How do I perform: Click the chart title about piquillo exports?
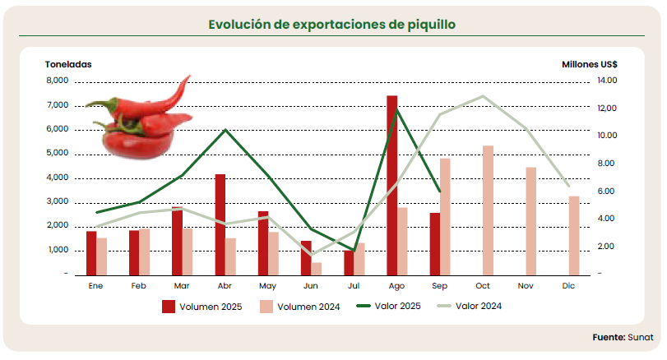(x=331, y=25)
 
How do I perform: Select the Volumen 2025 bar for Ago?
(x=392, y=185)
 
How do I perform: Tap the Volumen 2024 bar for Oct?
(x=488, y=210)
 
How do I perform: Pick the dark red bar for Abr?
(x=220, y=224)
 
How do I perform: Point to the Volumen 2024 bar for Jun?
(x=317, y=268)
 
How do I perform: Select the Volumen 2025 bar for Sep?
(x=435, y=243)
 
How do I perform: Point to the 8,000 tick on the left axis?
(x=57, y=81)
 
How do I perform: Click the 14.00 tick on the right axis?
(x=607, y=81)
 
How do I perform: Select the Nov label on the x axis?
(x=525, y=285)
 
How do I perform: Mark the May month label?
(x=267, y=285)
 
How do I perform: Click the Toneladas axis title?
(x=68, y=64)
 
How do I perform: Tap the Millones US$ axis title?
(x=590, y=64)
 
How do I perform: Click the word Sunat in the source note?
(x=641, y=337)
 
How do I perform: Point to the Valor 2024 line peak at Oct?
(x=483, y=96)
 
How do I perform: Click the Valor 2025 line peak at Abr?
(x=225, y=130)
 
